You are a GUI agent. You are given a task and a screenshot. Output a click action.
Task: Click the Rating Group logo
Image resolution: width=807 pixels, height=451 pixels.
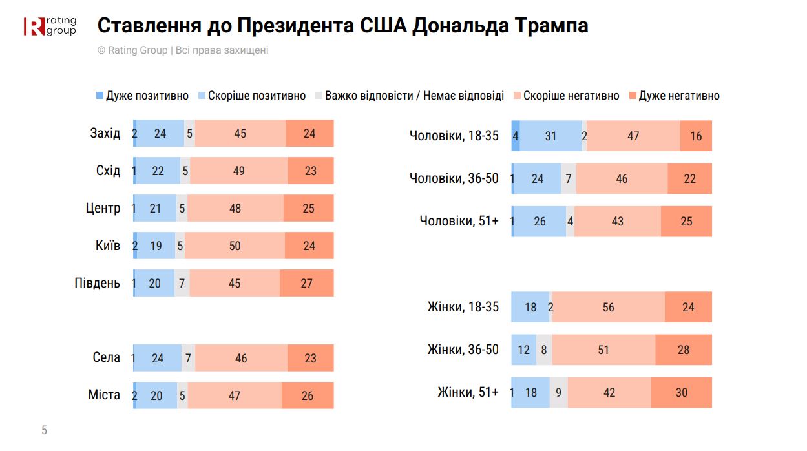[x=50, y=26]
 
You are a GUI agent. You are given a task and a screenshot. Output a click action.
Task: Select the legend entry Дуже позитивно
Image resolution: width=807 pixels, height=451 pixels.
[x=142, y=96]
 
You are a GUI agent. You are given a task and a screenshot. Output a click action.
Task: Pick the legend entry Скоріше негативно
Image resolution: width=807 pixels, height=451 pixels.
[x=565, y=96]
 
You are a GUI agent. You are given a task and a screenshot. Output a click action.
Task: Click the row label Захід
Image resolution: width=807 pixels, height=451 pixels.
[x=105, y=133]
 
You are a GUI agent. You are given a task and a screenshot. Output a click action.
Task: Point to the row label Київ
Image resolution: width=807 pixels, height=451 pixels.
[x=107, y=246]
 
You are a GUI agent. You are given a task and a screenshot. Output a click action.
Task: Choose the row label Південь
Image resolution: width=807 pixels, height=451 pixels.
[x=98, y=283]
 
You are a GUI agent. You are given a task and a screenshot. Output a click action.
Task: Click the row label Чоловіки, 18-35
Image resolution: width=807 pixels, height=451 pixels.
[x=454, y=136]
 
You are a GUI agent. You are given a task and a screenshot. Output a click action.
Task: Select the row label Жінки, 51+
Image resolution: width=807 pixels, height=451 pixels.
[x=468, y=392]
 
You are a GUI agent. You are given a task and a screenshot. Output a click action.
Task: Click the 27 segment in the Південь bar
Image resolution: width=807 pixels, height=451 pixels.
[x=306, y=283]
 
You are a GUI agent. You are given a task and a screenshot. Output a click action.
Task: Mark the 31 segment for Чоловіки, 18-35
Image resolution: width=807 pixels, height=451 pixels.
[x=550, y=136]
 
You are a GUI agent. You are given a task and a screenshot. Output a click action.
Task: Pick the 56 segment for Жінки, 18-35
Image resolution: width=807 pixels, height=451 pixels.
[x=608, y=307]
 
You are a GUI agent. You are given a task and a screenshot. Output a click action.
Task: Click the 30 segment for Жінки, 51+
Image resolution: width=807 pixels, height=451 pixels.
[x=681, y=392]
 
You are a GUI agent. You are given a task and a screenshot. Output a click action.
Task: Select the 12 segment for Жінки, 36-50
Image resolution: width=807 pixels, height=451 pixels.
[x=524, y=350]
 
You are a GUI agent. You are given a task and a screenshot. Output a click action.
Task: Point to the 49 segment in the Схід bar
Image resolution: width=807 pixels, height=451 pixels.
[x=239, y=171]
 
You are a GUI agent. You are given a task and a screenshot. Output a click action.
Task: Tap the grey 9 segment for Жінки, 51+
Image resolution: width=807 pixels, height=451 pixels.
[x=559, y=392]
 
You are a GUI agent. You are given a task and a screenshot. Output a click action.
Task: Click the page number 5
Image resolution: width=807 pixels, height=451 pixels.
[x=44, y=430]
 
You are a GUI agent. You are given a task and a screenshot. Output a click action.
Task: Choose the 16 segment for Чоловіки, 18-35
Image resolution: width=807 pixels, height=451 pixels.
[x=696, y=136]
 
